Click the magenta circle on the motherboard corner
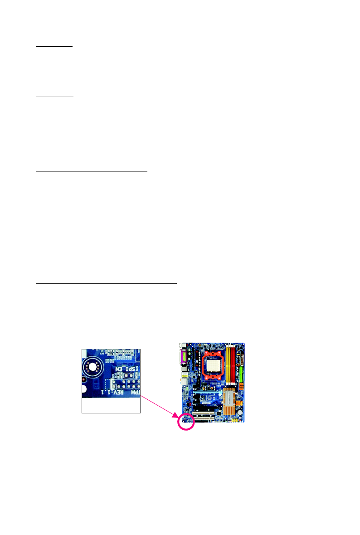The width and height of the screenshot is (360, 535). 186,421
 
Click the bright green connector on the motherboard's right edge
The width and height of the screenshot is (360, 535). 242,375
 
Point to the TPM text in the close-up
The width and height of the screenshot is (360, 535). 135,392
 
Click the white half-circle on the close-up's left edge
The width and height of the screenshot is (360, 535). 84,389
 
